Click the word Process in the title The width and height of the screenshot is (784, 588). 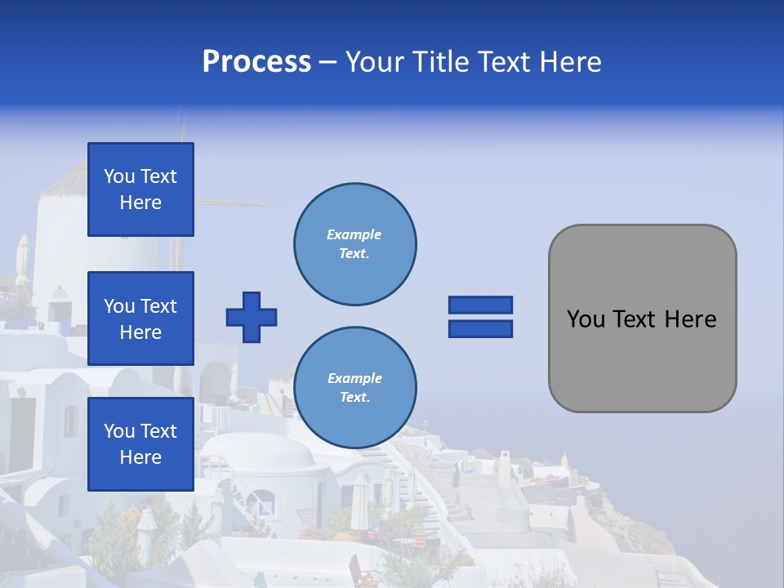(x=256, y=62)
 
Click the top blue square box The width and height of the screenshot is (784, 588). (x=140, y=189)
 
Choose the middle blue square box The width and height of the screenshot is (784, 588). (x=140, y=318)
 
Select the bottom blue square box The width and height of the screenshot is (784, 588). (x=140, y=444)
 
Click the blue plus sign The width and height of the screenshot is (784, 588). (x=252, y=317)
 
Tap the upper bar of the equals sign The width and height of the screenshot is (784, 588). (x=480, y=305)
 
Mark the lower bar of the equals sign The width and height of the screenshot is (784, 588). (x=480, y=329)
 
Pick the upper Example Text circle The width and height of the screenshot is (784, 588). (x=354, y=243)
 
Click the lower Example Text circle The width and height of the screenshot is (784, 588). (x=354, y=387)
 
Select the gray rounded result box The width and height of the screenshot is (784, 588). (x=642, y=318)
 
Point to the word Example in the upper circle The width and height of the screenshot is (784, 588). (x=354, y=234)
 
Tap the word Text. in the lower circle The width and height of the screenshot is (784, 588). (x=354, y=397)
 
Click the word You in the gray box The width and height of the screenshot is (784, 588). (x=586, y=319)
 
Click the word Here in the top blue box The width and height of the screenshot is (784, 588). (x=140, y=203)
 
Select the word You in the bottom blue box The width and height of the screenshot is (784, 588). (x=119, y=431)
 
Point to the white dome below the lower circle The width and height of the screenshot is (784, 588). (x=261, y=457)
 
